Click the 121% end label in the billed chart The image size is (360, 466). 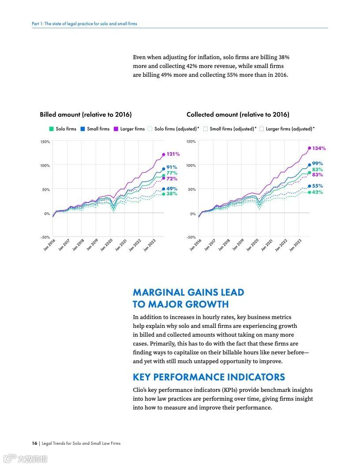click(173, 154)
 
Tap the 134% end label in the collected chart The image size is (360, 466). click(319, 149)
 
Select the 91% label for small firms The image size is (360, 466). click(172, 167)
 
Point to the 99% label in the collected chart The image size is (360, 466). click(318, 164)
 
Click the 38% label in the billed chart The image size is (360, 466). click(172, 194)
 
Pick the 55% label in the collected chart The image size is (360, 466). click(318, 186)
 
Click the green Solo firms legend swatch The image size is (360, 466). click(51, 129)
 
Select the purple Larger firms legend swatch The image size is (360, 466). click(116, 129)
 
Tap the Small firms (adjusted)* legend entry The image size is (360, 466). click(230, 129)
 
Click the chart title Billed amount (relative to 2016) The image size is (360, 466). click(86, 115)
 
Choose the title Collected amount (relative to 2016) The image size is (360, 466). click(238, 115)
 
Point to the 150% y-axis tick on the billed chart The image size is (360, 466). click(45, 142)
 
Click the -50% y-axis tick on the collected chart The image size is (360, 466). click(191, 237)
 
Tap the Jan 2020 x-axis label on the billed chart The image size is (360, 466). click(106, 244)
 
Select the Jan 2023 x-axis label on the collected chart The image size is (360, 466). click(295, 244)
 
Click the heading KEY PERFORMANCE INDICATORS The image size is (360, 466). click(209, 377)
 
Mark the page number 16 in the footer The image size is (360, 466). click(34, 443)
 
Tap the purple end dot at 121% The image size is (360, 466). click(164, 154)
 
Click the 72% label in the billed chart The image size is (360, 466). click(172, 179)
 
